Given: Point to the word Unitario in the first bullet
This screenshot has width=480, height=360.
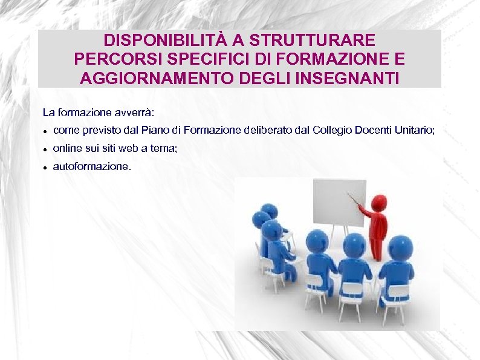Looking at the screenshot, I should tap(415, 130).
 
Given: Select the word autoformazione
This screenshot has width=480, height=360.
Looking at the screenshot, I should tap(91, 166).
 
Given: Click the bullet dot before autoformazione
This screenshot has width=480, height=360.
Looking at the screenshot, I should tap(45, 167).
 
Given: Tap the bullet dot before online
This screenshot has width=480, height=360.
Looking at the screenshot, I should tap(45, 149).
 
